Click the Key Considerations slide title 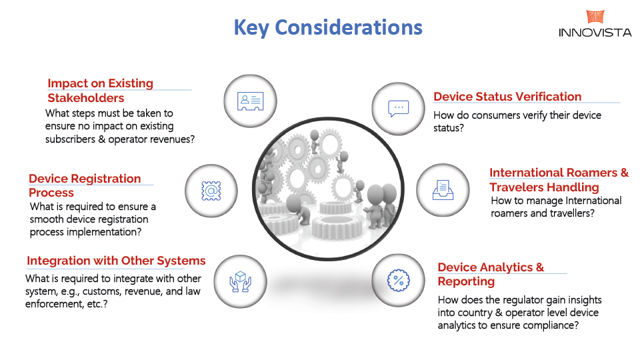(328, 28)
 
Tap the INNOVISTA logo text (595, 33)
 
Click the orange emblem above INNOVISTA (595, 17)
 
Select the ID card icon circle (250, 101)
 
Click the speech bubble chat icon (399, 108)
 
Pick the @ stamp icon (211, 191)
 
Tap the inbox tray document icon (443, 190)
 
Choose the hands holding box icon (241, 281)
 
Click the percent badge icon (399, 281)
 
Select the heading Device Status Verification (507, 97)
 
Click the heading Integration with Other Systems (116, 261)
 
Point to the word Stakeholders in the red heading (86, 98)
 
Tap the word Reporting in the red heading (466, 281)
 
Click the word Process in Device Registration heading (51, 193)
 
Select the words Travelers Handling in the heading (544, 187)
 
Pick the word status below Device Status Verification (449, 128)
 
